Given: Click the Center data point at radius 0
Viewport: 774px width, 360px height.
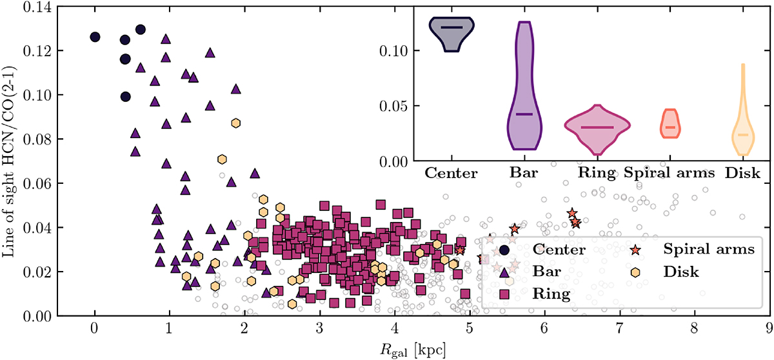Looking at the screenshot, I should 95,37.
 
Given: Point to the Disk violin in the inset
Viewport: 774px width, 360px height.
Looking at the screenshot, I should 743,132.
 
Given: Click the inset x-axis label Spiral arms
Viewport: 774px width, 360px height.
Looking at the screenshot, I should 670,174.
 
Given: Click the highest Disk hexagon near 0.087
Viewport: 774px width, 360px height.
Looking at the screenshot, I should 236,123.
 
